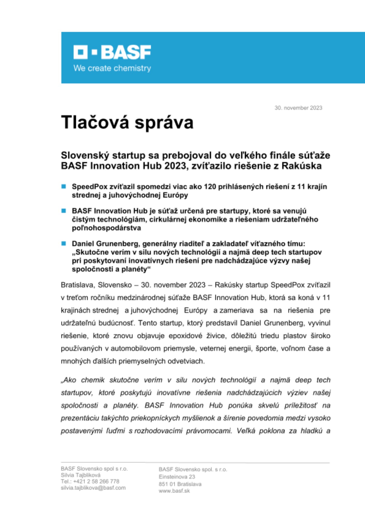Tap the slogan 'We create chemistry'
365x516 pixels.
pyautogui.click(x=112, y=68)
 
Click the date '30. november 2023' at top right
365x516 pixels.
pyautogui.click(x=298, y=108)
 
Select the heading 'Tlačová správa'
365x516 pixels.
pyautogui.click(x=127, y=122)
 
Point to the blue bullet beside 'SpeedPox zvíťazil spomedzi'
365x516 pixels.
pyautogui.click(x=64, y=187)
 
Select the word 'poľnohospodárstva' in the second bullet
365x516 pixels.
pyautogui.click(x=106, y=228)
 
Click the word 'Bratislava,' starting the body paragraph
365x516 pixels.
pyautogui.click(x=78, y=285)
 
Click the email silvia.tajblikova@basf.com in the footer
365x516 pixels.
pyautogui.click(x=93, y=488)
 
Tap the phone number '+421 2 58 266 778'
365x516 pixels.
pyautogui.click(x=96, y=481)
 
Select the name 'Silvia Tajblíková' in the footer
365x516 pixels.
pyautogui.click(x=81, y=475)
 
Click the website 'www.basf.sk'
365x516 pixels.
pyautogui.click(x=174, y=491)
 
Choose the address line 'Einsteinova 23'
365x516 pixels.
pyautogui.click(x=177, y=477)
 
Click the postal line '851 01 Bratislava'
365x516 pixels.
pyautogui.click(x=180, y=484)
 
